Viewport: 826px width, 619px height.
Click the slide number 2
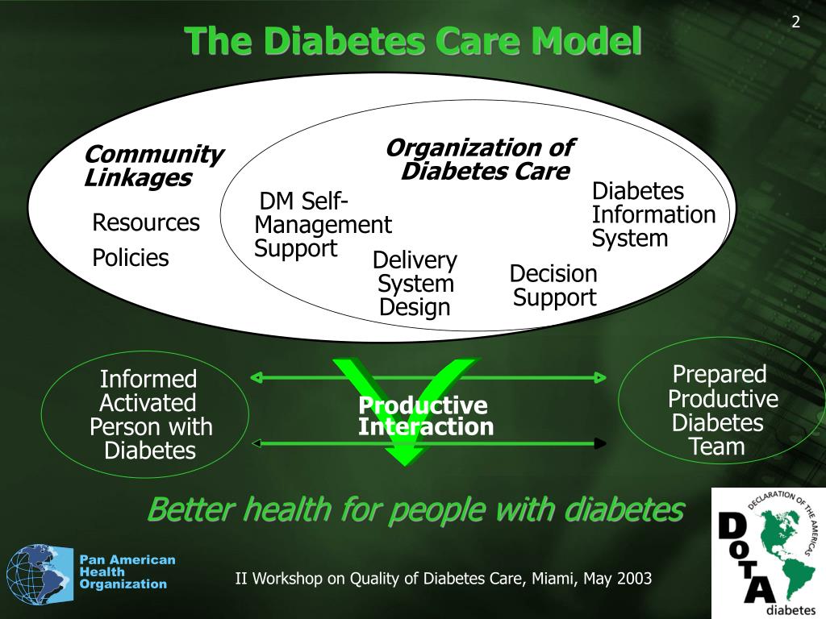pyautogui.click(x=795, y=23)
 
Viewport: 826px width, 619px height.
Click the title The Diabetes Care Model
pyautogui.click(x=412, y=41)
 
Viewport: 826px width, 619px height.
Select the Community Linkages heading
pyautogui.click(x=152, y=165)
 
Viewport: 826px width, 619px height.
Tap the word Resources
pyautogui.click(x=146, y=222)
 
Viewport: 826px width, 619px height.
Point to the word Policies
pyautogui.click(x=131, y=258)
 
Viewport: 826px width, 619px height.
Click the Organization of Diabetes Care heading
pyautogui.click(x=481, y=160)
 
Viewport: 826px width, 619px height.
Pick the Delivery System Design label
pyautogui.click(x=415, y=284)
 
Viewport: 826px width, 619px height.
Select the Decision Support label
pyautogui.click(x=553, y=285)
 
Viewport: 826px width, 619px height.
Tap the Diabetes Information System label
pyautogui.click(x=653, y=214)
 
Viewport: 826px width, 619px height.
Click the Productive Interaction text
pyautogui.click(x=425, y=416)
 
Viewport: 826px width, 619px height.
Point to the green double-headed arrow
pyautogui.click(x=428, y=376)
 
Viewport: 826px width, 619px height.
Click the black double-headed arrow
pyautogui.click(x=428, y=442)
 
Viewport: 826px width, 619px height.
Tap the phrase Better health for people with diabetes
pyautogui.click(x=415, y=509)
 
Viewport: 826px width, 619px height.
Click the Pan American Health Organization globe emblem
pyautogui.click(x=40, y=574)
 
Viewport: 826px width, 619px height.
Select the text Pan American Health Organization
pyautogui.click(x=127, y=571)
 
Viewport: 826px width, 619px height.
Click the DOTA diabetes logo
pyautogui.click(x=767, y=553)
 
